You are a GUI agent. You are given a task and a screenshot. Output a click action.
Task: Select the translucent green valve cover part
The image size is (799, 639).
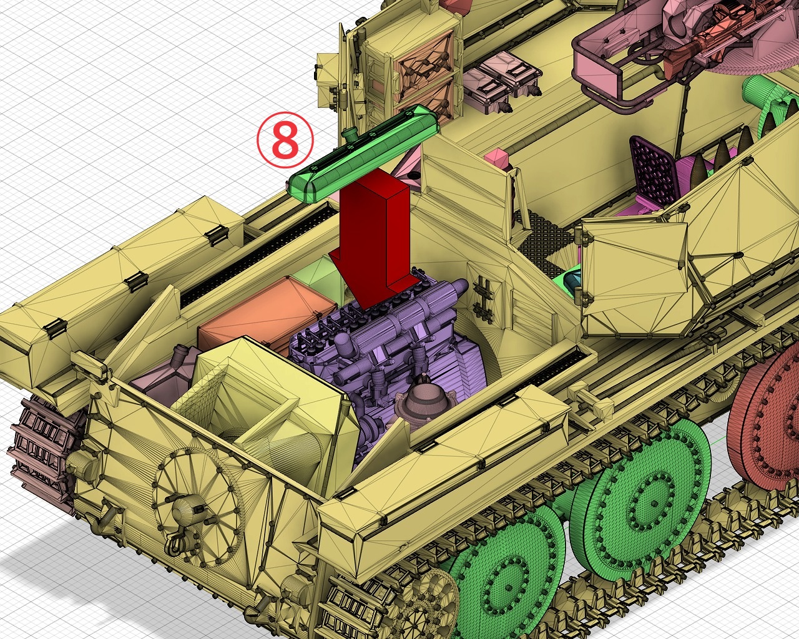tap(364, 153)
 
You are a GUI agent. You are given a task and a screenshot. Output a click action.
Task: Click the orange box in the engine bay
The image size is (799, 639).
tap(267, 316)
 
